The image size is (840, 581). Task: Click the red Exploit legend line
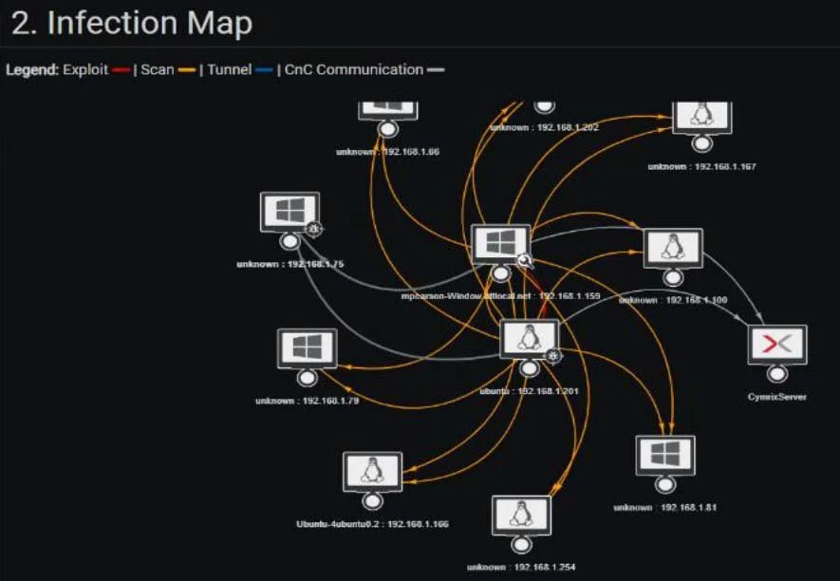tap(121, 70)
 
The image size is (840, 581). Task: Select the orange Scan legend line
tap(186, 70)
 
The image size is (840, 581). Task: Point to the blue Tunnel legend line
tap(264, 70)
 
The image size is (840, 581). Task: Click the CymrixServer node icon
tap(776, 346)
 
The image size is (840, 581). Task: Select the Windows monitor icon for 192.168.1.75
tap(289, 213)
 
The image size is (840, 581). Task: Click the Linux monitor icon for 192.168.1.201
tap(529, 339)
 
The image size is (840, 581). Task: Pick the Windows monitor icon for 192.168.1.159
tap(500, 244)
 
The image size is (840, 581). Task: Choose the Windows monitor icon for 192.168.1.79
tap(306, 348)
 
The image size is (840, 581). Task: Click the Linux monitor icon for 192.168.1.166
tap(372, 472)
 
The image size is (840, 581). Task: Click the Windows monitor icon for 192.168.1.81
tap(664, 456)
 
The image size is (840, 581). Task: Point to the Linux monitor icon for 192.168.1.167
tap(701, 115)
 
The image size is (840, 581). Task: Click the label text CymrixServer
tap(776, 397)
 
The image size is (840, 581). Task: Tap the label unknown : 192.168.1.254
tap(520, 567)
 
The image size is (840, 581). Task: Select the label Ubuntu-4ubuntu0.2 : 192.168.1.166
tap(372, 523)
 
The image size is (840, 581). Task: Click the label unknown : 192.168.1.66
tap(386, 151)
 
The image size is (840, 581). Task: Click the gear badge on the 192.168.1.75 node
tap(313, 228)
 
